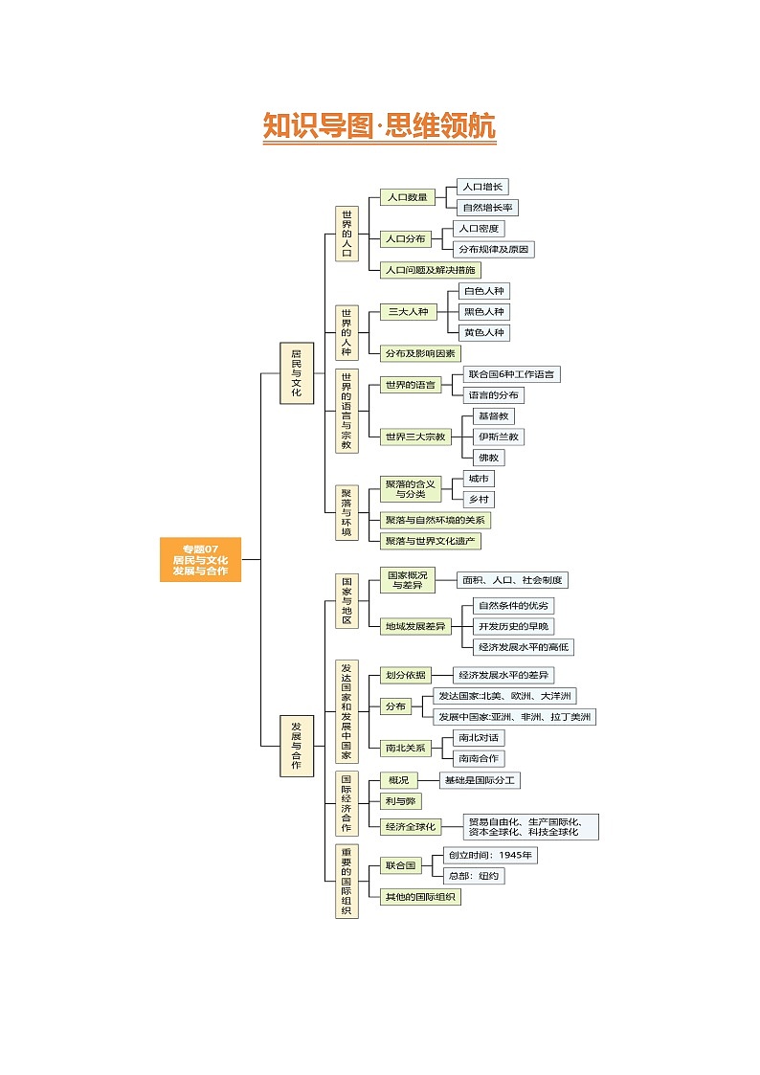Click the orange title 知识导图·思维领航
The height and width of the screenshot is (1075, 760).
[379, 126]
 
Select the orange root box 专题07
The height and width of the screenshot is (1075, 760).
[200, 560]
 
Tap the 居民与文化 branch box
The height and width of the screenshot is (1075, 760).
[296, 372]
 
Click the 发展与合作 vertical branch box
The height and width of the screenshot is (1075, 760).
[296, 745]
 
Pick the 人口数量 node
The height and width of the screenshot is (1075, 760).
[407, 197]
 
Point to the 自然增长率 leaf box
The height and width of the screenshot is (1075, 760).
[487, 207]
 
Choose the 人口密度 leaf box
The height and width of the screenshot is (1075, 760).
[478, 229]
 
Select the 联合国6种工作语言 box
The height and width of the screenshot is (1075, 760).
[510, 374]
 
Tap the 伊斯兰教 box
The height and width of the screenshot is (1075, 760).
[499, 437]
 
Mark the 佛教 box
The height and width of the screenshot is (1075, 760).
[488, 458]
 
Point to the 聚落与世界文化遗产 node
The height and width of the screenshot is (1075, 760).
[430, 541]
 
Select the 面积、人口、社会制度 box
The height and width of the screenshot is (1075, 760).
[511, 580]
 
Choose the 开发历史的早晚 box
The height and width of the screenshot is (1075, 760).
[514, 626]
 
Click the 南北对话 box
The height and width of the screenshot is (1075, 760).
[479, 738]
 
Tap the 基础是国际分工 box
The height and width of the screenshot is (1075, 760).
[480, 780]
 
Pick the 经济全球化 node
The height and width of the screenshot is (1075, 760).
[411, 826]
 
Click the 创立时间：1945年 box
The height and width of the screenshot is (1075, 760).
[490, 855]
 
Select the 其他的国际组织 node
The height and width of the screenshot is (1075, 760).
[420, 897]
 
